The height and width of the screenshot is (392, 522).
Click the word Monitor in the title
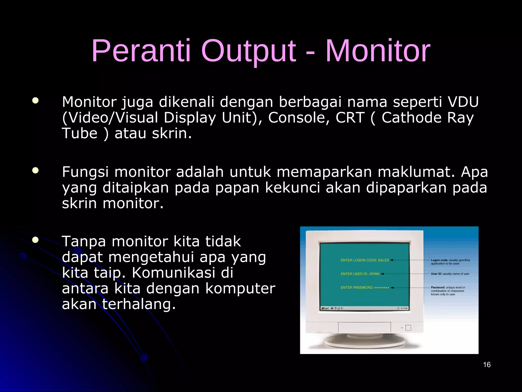(x=378, y=51)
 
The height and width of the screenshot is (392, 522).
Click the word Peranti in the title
(x=141, y=51)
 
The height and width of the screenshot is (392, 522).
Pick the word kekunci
(x=292, y=188)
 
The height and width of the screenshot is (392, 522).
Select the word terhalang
(x=139, y=304)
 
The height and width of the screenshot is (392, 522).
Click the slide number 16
(x=487, y=365)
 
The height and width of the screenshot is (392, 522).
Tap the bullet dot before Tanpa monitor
(x=35, y=240)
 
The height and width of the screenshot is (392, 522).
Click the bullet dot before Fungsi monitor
(x=35, y=170)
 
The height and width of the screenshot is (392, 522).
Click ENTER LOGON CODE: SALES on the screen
(x=364, y=260)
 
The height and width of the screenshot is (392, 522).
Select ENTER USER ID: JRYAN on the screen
(x=360, y=274)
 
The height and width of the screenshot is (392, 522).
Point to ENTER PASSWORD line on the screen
(x=364, y=288)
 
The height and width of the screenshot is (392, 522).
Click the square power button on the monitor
(x=408, y=328)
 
